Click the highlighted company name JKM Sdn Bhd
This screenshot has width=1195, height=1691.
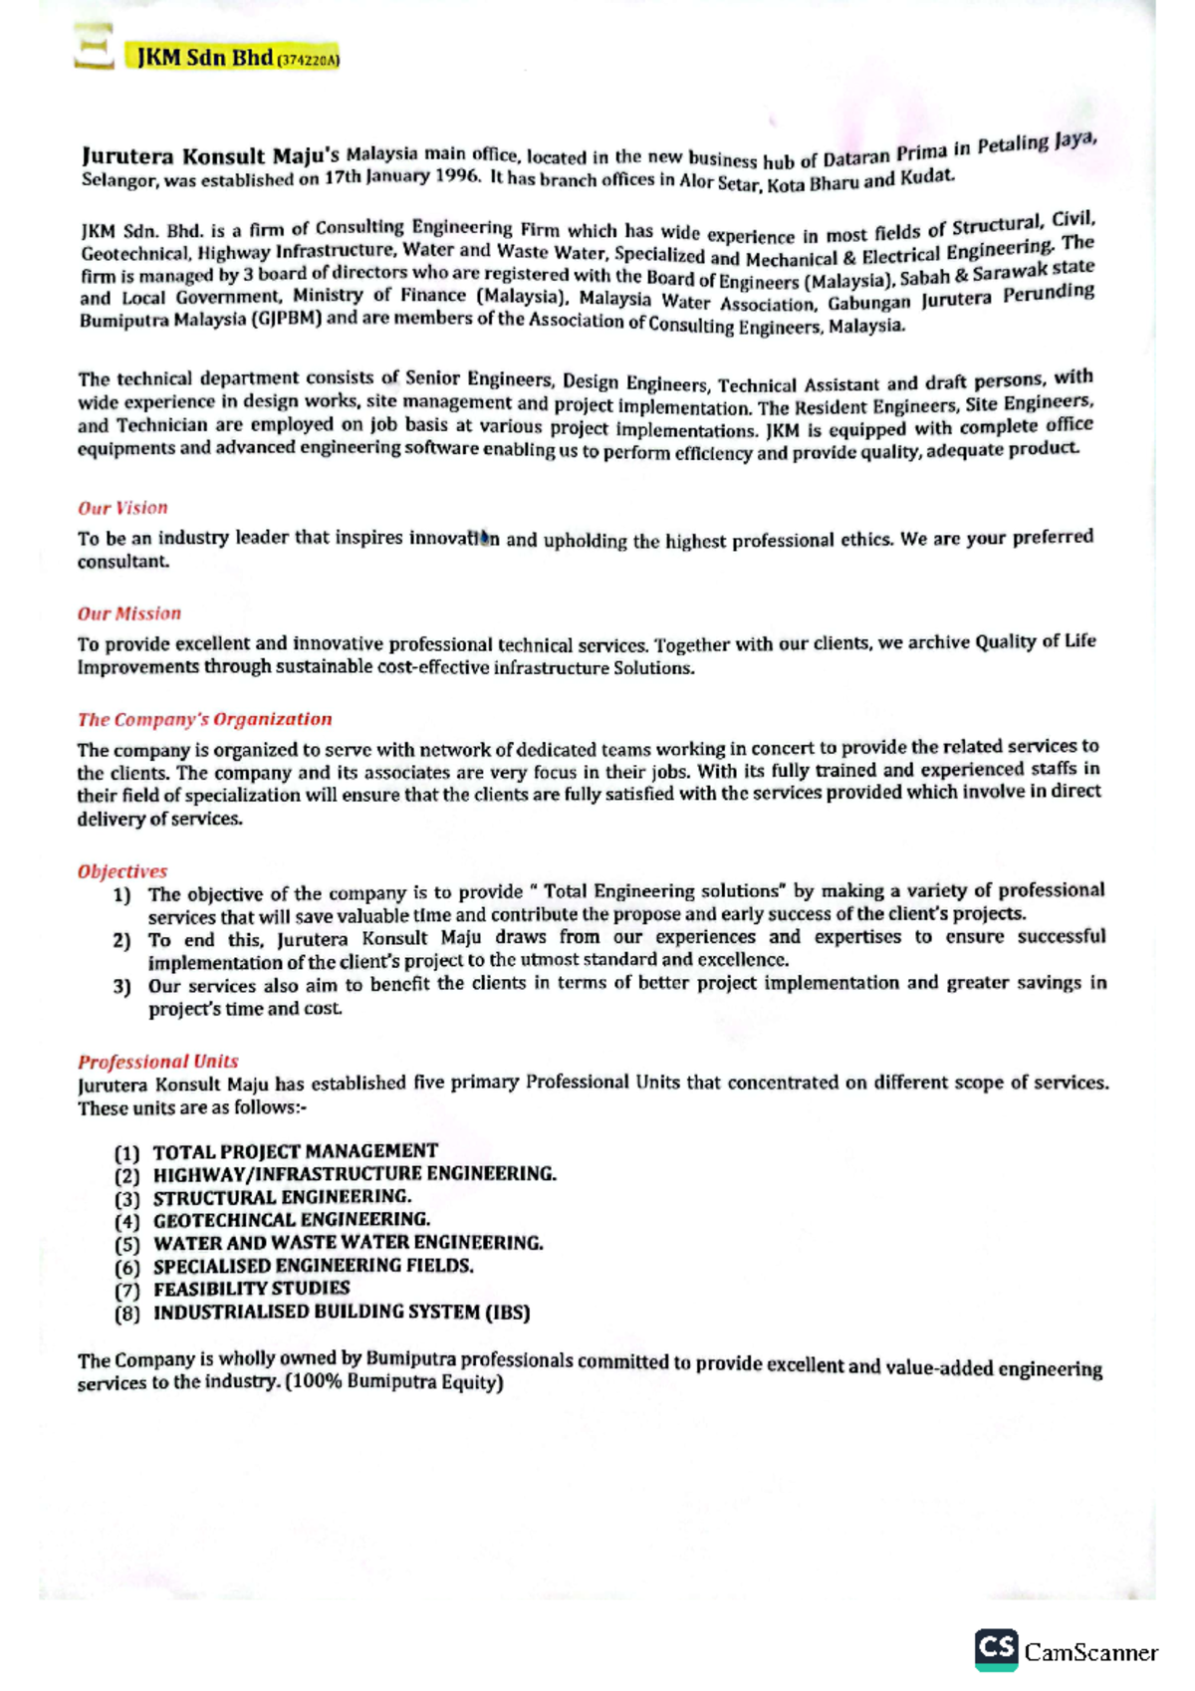(204, 58)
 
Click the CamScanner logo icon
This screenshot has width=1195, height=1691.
(996, 1650)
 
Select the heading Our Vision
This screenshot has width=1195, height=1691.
(122, 508)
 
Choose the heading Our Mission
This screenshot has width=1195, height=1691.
(129, 613)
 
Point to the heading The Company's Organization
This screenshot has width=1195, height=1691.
(204, 719)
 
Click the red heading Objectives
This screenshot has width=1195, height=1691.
(122, 871)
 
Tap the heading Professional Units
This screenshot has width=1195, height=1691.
(157, 1062)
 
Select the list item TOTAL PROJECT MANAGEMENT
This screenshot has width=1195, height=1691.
(295, 1151)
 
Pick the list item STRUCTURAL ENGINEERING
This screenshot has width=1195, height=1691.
(282, 1197)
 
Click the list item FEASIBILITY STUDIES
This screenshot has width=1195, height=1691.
(251, 1289)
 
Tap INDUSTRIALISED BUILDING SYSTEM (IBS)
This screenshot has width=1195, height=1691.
(341, 1313)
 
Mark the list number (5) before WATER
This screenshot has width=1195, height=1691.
(126, 1245)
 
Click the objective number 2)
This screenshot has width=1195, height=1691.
(121, 940)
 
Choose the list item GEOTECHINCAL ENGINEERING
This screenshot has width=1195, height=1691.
(291, 1220)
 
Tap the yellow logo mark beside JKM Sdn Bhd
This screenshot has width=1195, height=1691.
(94, 48)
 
